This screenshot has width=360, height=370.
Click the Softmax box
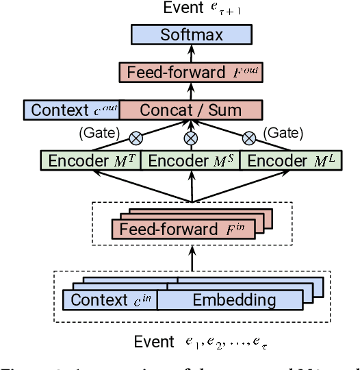click(192, 34)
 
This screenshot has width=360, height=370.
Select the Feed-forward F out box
click(192, 71)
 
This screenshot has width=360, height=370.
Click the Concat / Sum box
click(191, 110)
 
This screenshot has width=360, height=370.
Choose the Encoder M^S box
click(191, 161)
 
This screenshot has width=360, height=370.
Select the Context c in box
click(110, 299)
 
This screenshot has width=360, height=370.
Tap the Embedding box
click(233, 299)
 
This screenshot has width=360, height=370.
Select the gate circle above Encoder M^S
click(192, 137)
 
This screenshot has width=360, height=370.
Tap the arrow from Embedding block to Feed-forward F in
click(192, 258)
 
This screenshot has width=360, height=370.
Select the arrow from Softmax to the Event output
click(192, 21)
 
